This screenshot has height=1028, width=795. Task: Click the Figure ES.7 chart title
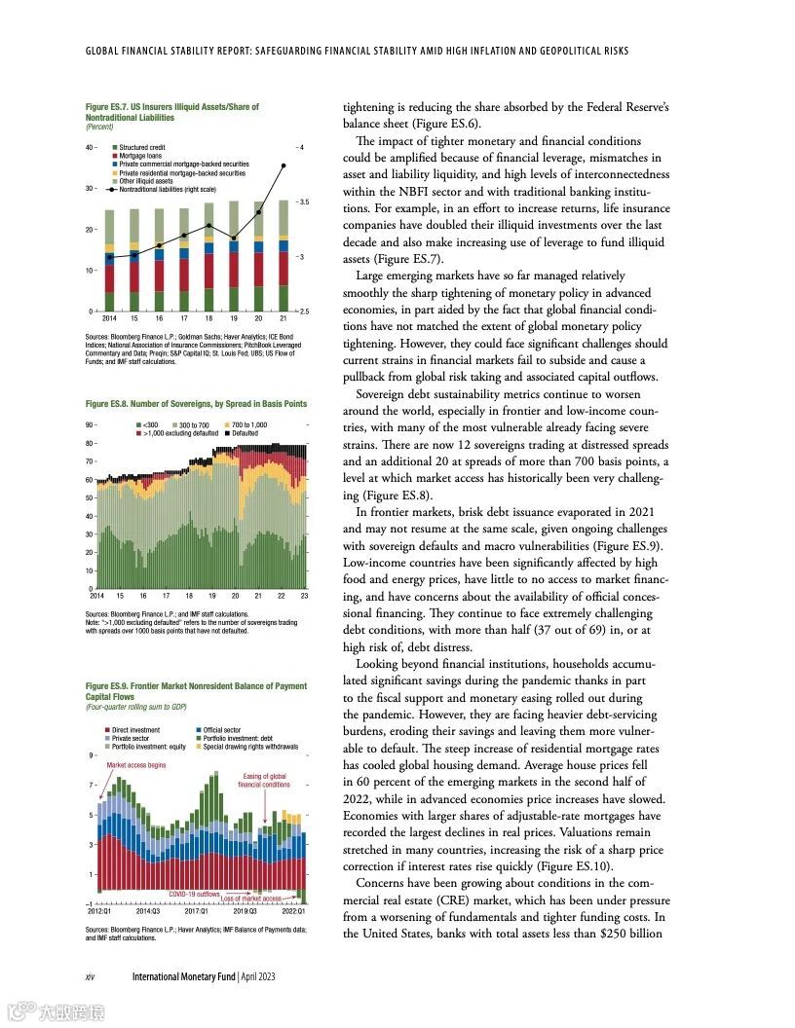(171, 111)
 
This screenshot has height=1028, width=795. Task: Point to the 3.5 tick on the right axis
(303, 202)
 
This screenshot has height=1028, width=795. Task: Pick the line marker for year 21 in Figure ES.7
(284, 165)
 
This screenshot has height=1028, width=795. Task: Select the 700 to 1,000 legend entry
(248, 424)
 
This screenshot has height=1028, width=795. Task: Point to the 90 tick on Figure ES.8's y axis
(89, 424)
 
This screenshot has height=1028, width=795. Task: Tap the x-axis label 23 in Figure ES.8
(304, 595)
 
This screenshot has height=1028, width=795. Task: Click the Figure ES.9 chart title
(196, 691)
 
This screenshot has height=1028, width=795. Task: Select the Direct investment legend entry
(135, 729)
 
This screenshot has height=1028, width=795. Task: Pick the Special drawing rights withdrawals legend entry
(250, 746)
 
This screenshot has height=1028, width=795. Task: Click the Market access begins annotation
(135, 766)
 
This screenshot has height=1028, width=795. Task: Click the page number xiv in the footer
(92, 976)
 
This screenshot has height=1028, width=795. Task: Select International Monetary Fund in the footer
(184, 976)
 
